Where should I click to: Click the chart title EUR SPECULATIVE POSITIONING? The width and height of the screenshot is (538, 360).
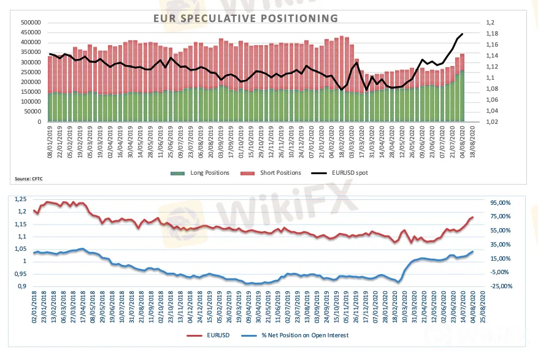pos(245,18)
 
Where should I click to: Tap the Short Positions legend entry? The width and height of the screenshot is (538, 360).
pos(279,172)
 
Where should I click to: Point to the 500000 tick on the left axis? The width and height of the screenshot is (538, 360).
pos(31,23)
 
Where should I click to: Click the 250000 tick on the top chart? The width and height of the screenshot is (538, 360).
pos(31,72)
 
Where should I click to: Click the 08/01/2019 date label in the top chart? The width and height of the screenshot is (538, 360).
pos(50,139)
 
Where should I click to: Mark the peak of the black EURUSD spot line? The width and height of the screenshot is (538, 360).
pos(462,34)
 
